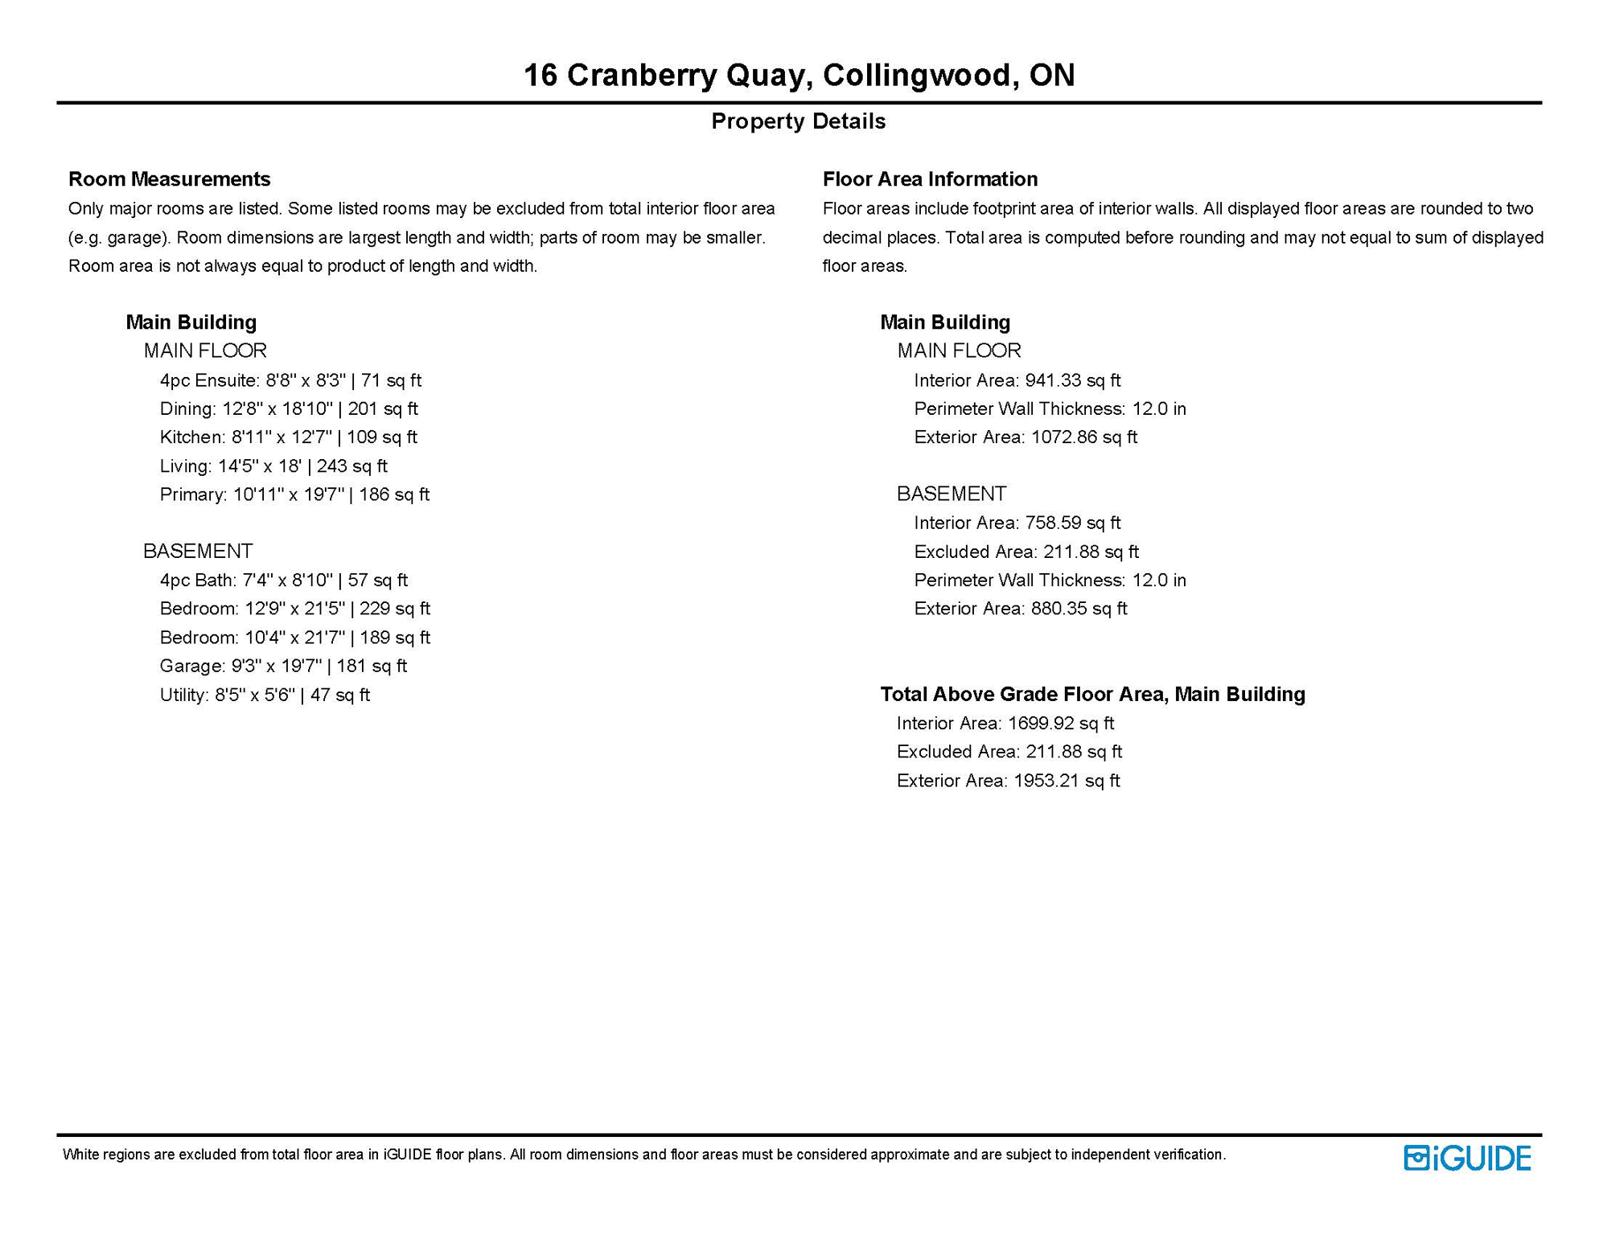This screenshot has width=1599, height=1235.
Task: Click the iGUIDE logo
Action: (1467, 1158)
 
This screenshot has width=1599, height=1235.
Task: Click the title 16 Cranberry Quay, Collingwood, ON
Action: (799, 75)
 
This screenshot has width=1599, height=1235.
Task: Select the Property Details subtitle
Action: (798, 121)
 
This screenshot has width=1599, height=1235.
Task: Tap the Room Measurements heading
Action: (169, 178)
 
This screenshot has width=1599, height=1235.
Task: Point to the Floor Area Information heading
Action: (930, 178)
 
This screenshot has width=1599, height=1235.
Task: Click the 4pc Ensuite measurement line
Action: (290, 380)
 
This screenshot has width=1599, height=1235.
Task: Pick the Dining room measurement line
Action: (289, 408)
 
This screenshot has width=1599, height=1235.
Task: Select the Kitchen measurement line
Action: (288, 437)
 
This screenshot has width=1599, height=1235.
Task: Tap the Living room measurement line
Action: (273, 466)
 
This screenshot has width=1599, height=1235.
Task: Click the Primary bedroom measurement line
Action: (294, 494)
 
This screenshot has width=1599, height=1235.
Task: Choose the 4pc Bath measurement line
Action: (283, 581)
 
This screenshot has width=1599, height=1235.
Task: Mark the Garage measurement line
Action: (283, 666)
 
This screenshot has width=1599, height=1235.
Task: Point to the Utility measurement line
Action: (265, 695)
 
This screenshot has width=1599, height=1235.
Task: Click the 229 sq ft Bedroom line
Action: (294, 609)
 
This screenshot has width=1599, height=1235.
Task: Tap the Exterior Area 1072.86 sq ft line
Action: (1026, 437)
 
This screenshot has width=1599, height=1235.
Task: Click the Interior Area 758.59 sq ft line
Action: (1017, 523)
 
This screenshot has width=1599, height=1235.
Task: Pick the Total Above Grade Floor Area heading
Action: (1092, 694)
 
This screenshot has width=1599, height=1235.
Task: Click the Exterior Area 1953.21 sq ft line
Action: (1008, 781)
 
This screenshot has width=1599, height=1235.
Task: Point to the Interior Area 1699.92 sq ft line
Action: (1005, 724)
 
